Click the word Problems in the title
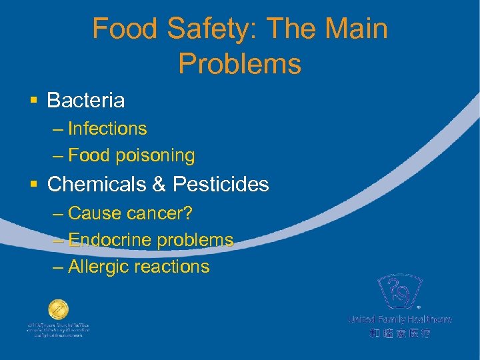point(239,64)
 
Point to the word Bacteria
point(86,101)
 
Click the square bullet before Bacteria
point(33,101)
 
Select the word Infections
point(107,128)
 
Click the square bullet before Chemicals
point(33,184)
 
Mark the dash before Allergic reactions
point(58,267)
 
